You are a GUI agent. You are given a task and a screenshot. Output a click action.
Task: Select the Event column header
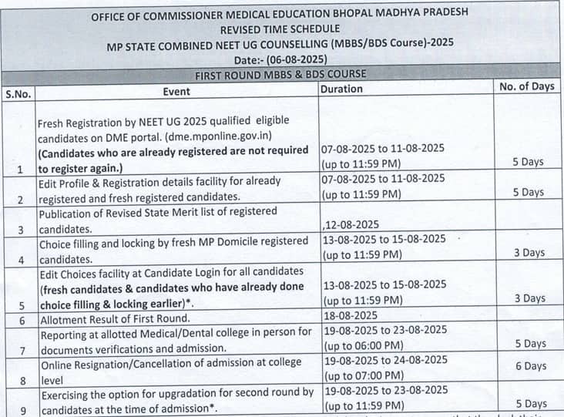pos(176,92)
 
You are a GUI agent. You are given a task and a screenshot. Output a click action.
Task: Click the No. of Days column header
pos(527,86)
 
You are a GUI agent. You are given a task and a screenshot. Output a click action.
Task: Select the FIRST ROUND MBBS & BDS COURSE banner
pos(280,74)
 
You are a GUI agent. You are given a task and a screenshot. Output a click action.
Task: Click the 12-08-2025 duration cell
pos(353,224)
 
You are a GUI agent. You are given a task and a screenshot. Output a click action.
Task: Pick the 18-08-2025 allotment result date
pos(351,314)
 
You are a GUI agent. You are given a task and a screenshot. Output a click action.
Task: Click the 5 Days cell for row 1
pos(529,162)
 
